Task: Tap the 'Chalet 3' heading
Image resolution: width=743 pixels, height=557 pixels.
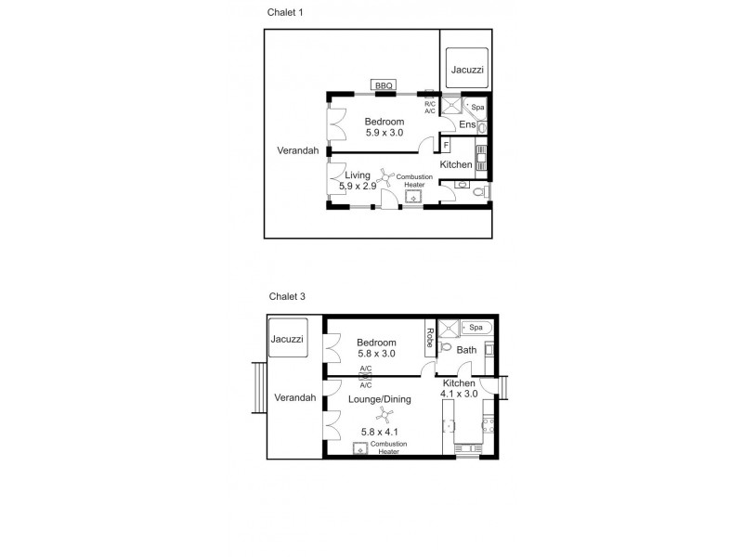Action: point(286,297)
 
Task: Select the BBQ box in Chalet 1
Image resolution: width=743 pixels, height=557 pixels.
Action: point(385,86)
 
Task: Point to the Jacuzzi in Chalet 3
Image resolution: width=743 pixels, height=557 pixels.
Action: point(287,340)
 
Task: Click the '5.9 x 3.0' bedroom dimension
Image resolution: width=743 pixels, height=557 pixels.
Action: point(384,134)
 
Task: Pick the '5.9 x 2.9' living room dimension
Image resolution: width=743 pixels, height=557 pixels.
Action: point(358,187)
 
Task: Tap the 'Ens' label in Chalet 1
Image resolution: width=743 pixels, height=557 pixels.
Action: point(467,124)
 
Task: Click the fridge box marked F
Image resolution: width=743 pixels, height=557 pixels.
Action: point(446,146)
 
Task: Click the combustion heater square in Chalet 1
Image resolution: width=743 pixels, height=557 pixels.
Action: point(414,198)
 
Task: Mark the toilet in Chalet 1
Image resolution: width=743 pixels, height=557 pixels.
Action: point(477,193)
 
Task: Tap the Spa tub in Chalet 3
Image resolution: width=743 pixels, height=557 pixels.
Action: point(475,328)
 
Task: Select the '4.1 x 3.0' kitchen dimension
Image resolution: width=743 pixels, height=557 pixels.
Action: point(459,394)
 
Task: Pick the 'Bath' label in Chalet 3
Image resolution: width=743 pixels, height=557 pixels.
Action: point(466,350)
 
